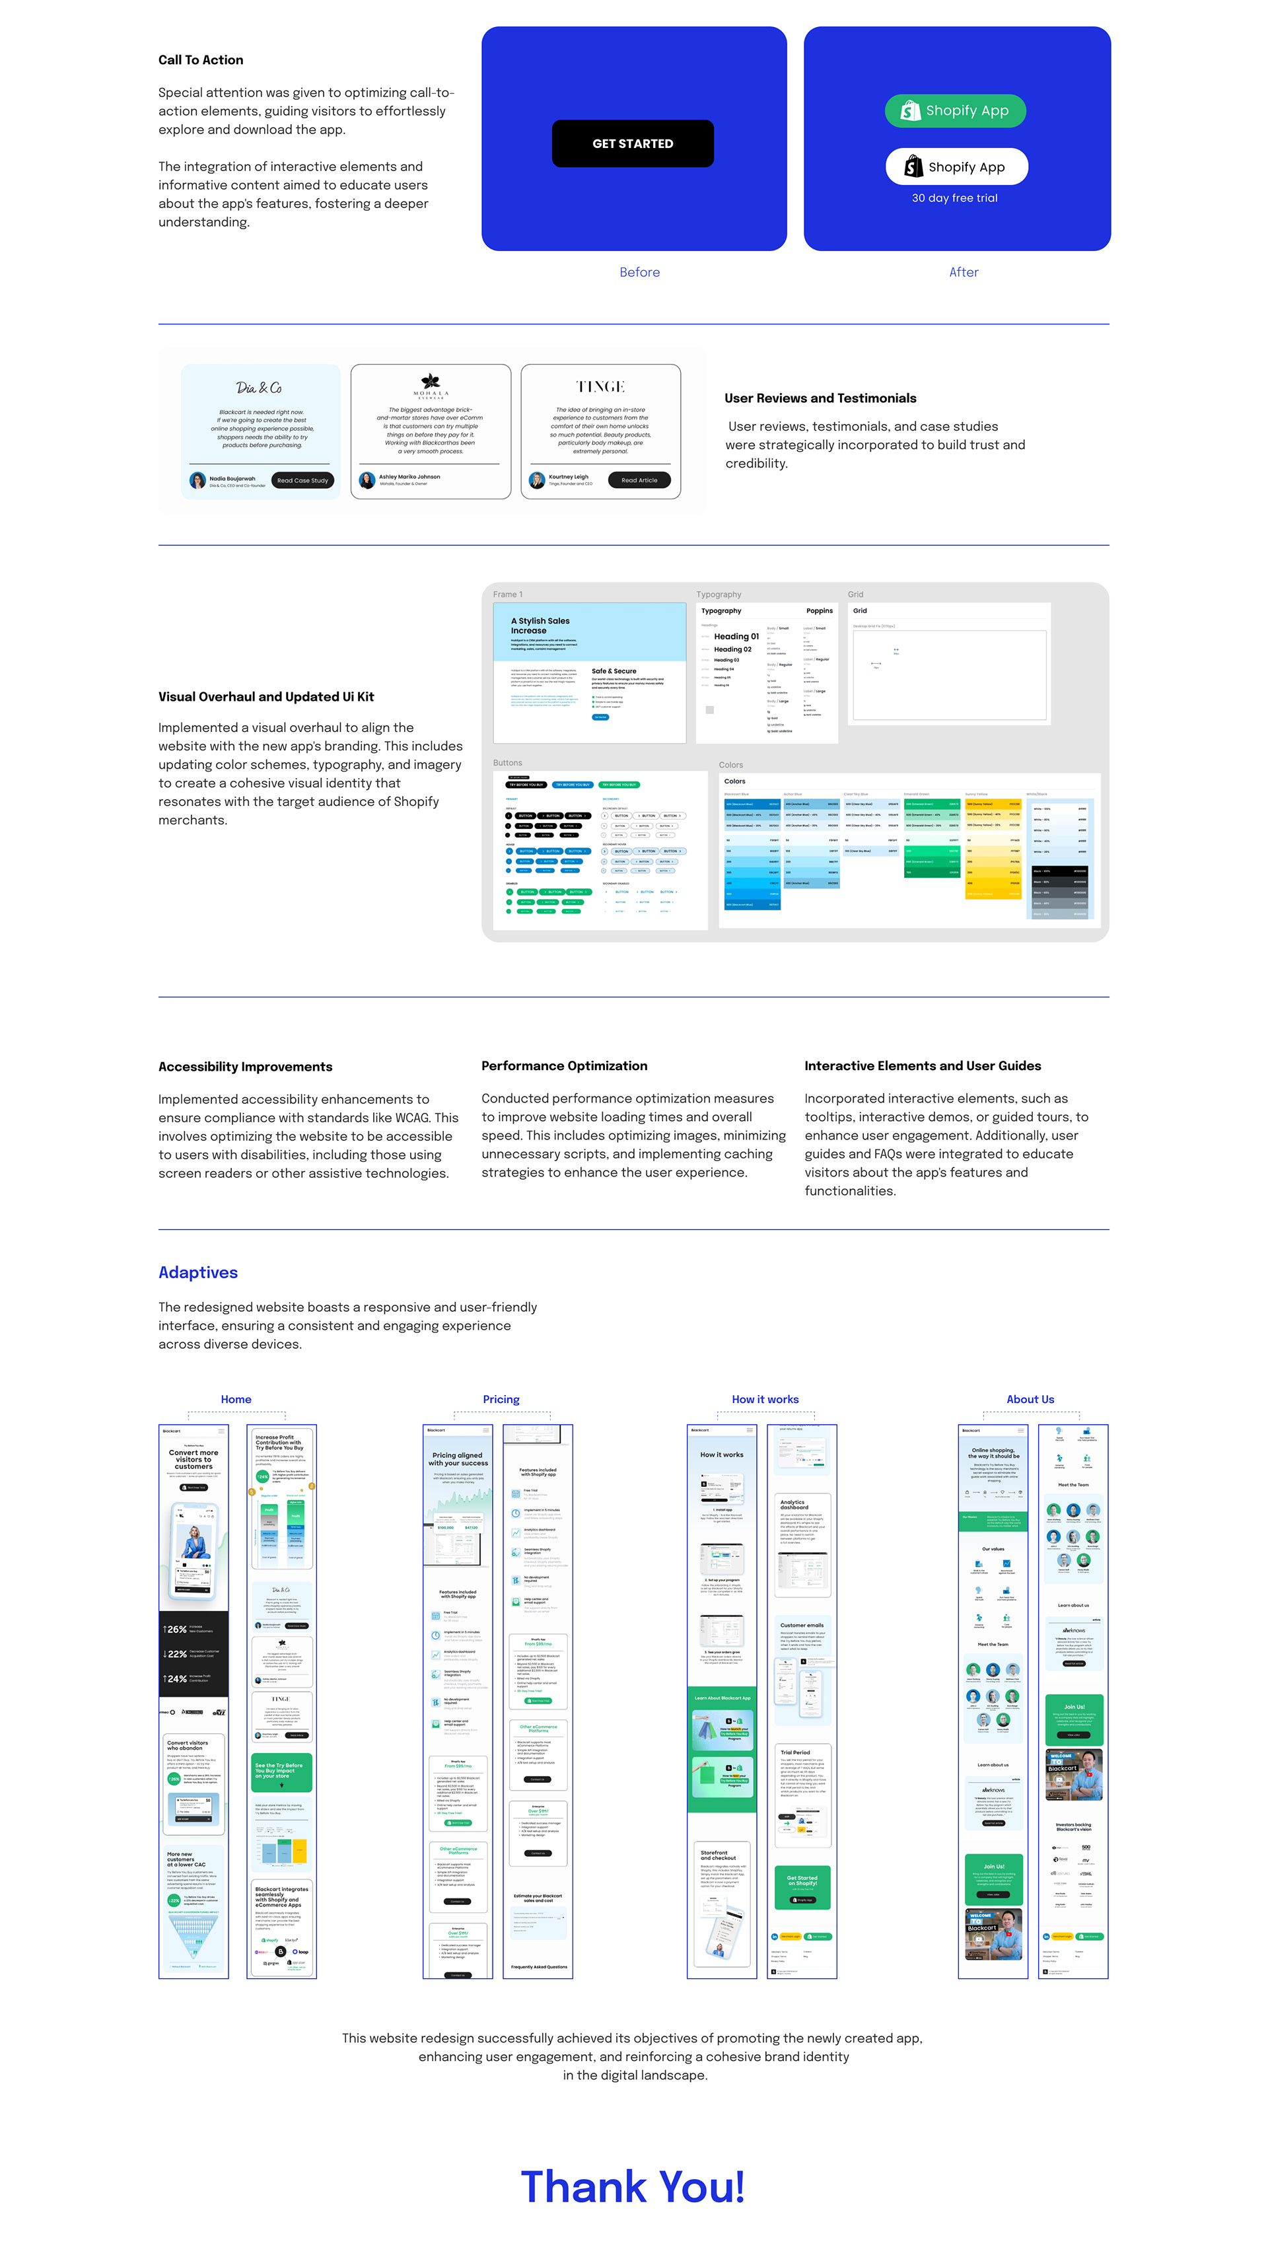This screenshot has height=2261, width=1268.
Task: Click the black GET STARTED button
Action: (632, 144)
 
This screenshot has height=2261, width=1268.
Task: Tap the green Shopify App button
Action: (955, 110)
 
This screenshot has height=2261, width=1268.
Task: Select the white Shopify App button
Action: (956, 166)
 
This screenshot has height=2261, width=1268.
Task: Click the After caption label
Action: (963, 272)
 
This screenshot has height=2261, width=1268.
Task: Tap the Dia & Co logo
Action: (259, 388)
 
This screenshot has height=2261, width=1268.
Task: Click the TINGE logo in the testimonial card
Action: (600, 387)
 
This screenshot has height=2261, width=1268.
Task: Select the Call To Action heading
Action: (201, 59)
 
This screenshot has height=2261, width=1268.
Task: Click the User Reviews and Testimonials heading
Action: (820, 398)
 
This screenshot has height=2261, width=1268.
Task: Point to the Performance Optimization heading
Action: (564, 1065)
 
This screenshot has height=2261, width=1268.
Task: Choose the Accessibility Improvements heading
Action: (245, 1066)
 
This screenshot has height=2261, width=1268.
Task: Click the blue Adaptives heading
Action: (197, 1273)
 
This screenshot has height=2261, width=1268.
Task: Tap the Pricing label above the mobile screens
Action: (501, 1399)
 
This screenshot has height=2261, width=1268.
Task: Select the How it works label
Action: (765, 1399)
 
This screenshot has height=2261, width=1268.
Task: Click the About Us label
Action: (1030, 1399)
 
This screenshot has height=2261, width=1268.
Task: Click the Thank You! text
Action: (633, 2187)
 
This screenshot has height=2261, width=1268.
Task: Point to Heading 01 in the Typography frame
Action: (736, 636)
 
